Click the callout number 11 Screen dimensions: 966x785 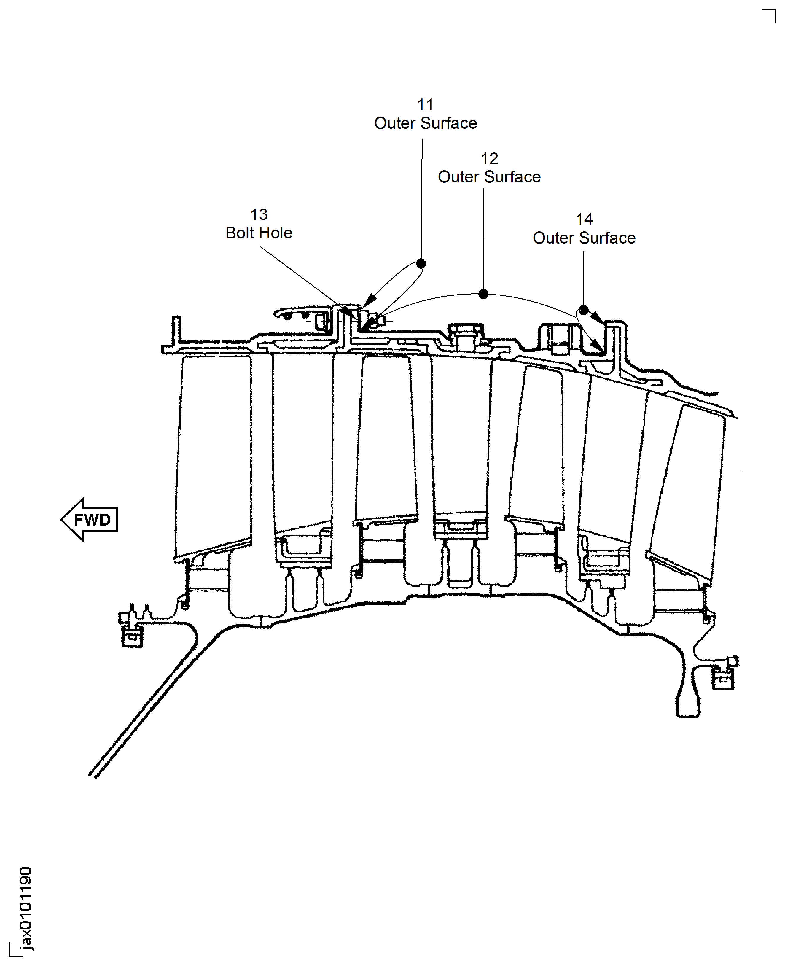425,104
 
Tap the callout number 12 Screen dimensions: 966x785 489,158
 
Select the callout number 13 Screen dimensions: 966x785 259,214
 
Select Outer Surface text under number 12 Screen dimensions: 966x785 489,177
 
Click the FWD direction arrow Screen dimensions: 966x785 90,520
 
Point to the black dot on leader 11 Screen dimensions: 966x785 421,263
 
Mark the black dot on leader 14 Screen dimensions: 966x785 584,310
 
